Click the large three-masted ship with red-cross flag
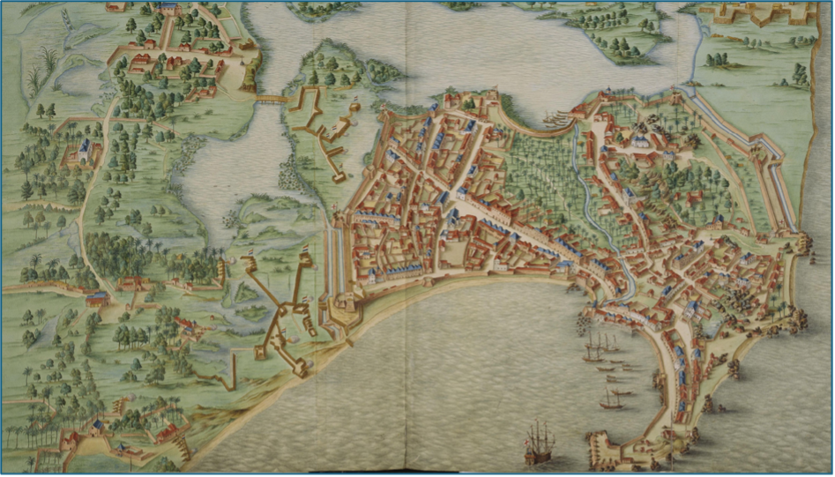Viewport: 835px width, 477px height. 539,441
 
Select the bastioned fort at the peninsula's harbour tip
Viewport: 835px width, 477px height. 612,445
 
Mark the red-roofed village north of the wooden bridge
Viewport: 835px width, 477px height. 176,62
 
